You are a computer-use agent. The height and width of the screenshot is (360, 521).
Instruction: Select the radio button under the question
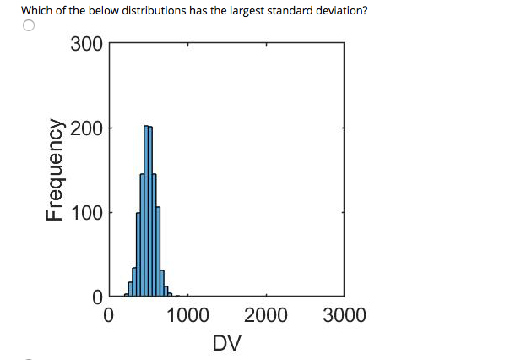28,26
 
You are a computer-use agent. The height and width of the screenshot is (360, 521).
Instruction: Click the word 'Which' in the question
35,10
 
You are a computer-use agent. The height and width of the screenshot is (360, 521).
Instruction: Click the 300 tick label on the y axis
86,44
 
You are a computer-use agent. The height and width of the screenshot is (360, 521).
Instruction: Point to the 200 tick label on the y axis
86,128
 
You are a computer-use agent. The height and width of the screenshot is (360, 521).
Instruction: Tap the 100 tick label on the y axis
86,212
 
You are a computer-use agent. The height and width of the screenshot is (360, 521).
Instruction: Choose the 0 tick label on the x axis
108,317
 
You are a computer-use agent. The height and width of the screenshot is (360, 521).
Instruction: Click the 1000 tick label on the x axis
187,317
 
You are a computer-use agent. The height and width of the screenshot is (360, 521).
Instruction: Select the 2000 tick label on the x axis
265,317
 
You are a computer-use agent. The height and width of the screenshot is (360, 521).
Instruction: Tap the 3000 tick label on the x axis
344,317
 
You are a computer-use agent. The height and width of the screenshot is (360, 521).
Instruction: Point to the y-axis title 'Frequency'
56,170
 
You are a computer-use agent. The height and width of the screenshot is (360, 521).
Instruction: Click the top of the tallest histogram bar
148,127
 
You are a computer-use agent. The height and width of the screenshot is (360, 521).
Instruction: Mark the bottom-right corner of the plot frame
344,297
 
